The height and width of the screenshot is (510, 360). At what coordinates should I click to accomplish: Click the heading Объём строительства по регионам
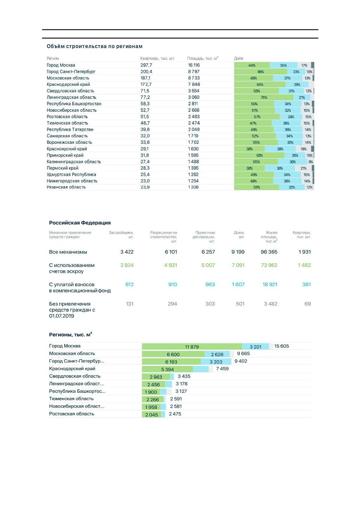coord(95,46)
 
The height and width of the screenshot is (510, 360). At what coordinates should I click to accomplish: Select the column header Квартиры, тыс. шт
coord(157,58)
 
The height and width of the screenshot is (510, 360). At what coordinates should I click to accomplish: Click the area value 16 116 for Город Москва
coord(194,65)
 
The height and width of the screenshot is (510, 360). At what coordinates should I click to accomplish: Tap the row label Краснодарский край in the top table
coord(68,84)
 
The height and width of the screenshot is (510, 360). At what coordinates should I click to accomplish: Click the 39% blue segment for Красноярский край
coord(280,149)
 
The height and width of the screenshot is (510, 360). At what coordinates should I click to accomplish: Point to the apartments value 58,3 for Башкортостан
coord(145,104)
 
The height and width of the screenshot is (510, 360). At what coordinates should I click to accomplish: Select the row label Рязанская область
coord(66,187)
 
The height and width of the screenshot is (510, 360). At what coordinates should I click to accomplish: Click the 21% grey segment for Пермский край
coord(303,168)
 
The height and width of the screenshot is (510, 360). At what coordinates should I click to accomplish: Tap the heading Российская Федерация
coord(80,223)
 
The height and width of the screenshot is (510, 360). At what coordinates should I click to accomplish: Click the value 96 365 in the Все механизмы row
coord(269,252)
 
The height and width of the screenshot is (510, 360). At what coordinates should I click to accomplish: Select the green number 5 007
coord(208,265)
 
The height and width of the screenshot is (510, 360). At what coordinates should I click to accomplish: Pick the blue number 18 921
coord(270,284)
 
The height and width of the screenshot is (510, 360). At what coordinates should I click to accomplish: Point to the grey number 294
coord(172,304)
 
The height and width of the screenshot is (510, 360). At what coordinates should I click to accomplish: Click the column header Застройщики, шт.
coord(121,235)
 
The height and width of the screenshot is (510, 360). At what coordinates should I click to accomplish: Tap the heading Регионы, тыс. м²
coord(71,334)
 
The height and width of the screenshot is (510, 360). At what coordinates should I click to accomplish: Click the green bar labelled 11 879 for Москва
coord(192,346)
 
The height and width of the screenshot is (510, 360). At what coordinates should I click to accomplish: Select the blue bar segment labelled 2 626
coord(217,354)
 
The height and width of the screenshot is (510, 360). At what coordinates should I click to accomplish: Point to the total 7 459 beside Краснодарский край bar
coord(222,369)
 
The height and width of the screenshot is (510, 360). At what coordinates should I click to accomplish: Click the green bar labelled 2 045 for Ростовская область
coord(152,414)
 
